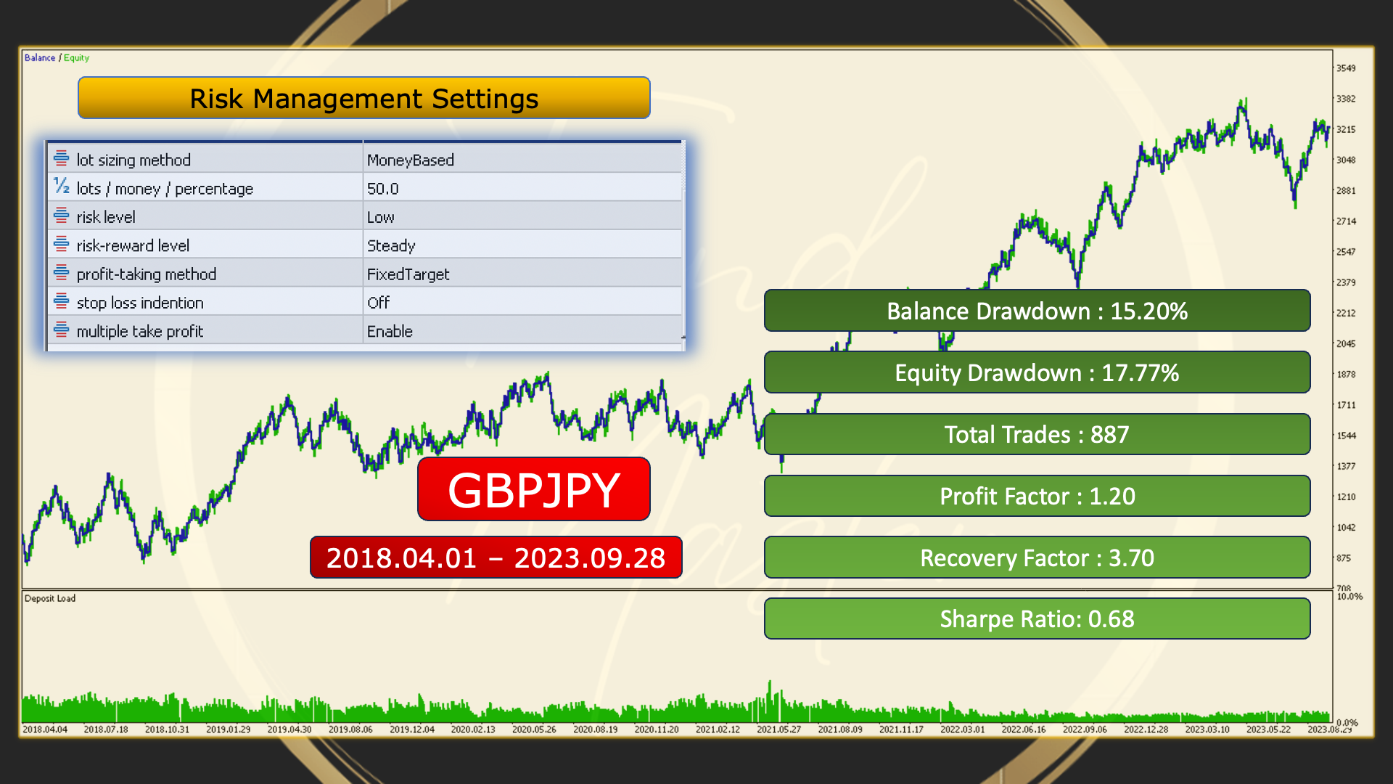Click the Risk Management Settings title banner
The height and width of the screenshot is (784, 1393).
(363, 98)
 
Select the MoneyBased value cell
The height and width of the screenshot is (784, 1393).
(411, 160)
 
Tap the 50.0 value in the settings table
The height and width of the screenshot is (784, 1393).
(383, 189)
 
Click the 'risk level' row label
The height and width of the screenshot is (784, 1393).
(106, 217)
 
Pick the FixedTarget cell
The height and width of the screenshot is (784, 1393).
(408, 274)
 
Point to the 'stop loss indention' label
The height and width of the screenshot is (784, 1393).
(140, 303)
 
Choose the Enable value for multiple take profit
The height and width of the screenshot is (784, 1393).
(390, 331)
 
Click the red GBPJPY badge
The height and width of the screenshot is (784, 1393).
(534, 489)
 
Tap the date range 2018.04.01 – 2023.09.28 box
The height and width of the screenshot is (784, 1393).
(496, 558)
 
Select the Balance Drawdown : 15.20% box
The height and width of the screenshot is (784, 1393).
(1037, 311)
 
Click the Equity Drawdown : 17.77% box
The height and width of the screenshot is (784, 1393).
(1037, 372)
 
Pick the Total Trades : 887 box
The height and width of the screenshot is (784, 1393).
(1037, 434)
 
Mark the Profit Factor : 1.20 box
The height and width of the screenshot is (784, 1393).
(1037, 496)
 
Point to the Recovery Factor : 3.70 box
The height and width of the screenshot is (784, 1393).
(1037, 558)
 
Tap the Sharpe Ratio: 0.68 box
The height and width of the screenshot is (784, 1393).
(1037, 618)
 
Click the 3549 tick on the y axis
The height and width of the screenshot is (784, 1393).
(1346, 68)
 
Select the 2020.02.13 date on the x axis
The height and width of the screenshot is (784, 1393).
(473, 730)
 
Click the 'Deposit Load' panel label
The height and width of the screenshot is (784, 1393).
(50, 598)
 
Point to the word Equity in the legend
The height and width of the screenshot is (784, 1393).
(76, 58)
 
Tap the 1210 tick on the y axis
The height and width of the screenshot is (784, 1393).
(1346, 497)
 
